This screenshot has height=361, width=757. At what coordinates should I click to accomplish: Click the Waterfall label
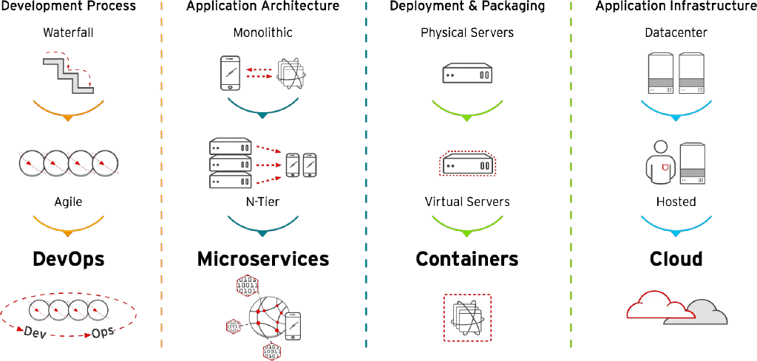[x=68, y=33]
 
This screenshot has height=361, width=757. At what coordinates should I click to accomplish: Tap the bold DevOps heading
[x=68, y=259]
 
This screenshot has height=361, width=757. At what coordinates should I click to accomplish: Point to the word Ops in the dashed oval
[x=103, y=331]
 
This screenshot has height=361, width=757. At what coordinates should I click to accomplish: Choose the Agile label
[x=68, y=202]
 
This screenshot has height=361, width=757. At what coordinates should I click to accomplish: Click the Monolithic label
[x=262, y=33]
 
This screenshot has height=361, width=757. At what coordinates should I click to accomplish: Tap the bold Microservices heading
[x=262, y=259]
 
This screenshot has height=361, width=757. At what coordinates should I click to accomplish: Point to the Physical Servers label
[x=467, y=33]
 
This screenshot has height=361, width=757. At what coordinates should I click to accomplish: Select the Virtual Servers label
[x=467, y=202]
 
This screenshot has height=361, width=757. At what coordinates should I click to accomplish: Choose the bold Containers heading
[x=467, y=259]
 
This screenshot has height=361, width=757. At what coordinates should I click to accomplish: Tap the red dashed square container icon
[x=467, y=317]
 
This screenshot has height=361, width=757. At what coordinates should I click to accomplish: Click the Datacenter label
[x=676, y=33]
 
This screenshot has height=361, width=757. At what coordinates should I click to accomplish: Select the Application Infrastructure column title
[x=676, y=7]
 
